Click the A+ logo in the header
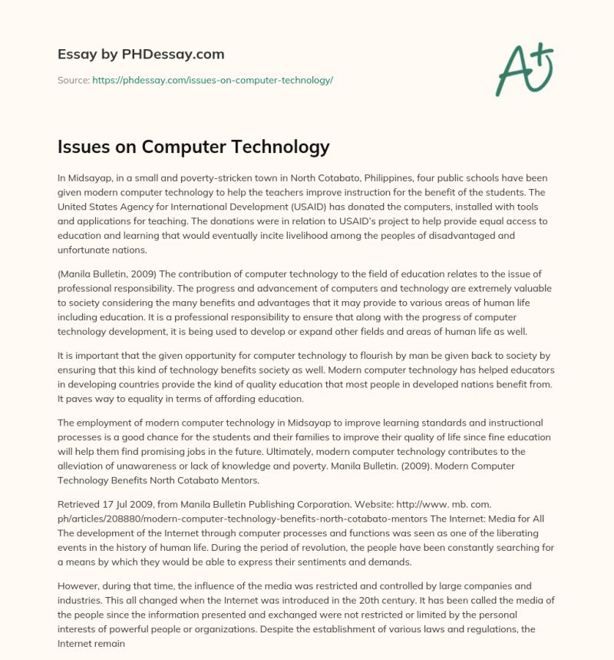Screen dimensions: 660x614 (524, 69)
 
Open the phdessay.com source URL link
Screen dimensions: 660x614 (213, 80)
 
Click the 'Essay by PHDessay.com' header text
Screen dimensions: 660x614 (140, 55)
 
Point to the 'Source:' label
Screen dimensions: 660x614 (73, 80)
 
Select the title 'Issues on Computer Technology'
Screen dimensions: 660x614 (193, 147)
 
